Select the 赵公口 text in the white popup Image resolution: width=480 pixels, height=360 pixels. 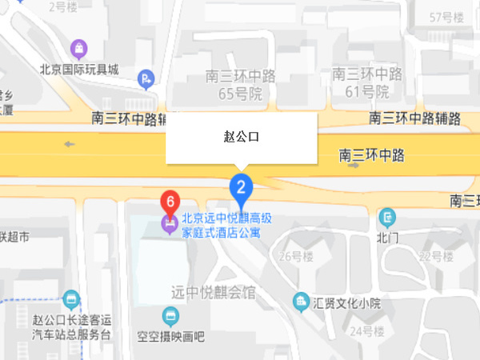click(x=241, y=137)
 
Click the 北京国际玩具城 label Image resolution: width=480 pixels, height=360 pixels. click(x=79, y=70)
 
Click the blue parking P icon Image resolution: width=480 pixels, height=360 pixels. click(x=146, y=78)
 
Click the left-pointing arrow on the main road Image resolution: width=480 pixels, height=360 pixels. click(x=70, y=145)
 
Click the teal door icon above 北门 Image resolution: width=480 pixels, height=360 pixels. click(x=387, y=217)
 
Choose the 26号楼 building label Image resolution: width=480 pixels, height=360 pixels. click(x=295, y=257)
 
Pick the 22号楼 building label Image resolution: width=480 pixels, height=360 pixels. click(x=436, y=257)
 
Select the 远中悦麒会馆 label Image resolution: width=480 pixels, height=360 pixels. click(x=214, y=292)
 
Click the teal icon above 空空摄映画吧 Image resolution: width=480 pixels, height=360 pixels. click(x=170, y=314)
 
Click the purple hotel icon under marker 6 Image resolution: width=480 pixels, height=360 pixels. click(x=170, y=222)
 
